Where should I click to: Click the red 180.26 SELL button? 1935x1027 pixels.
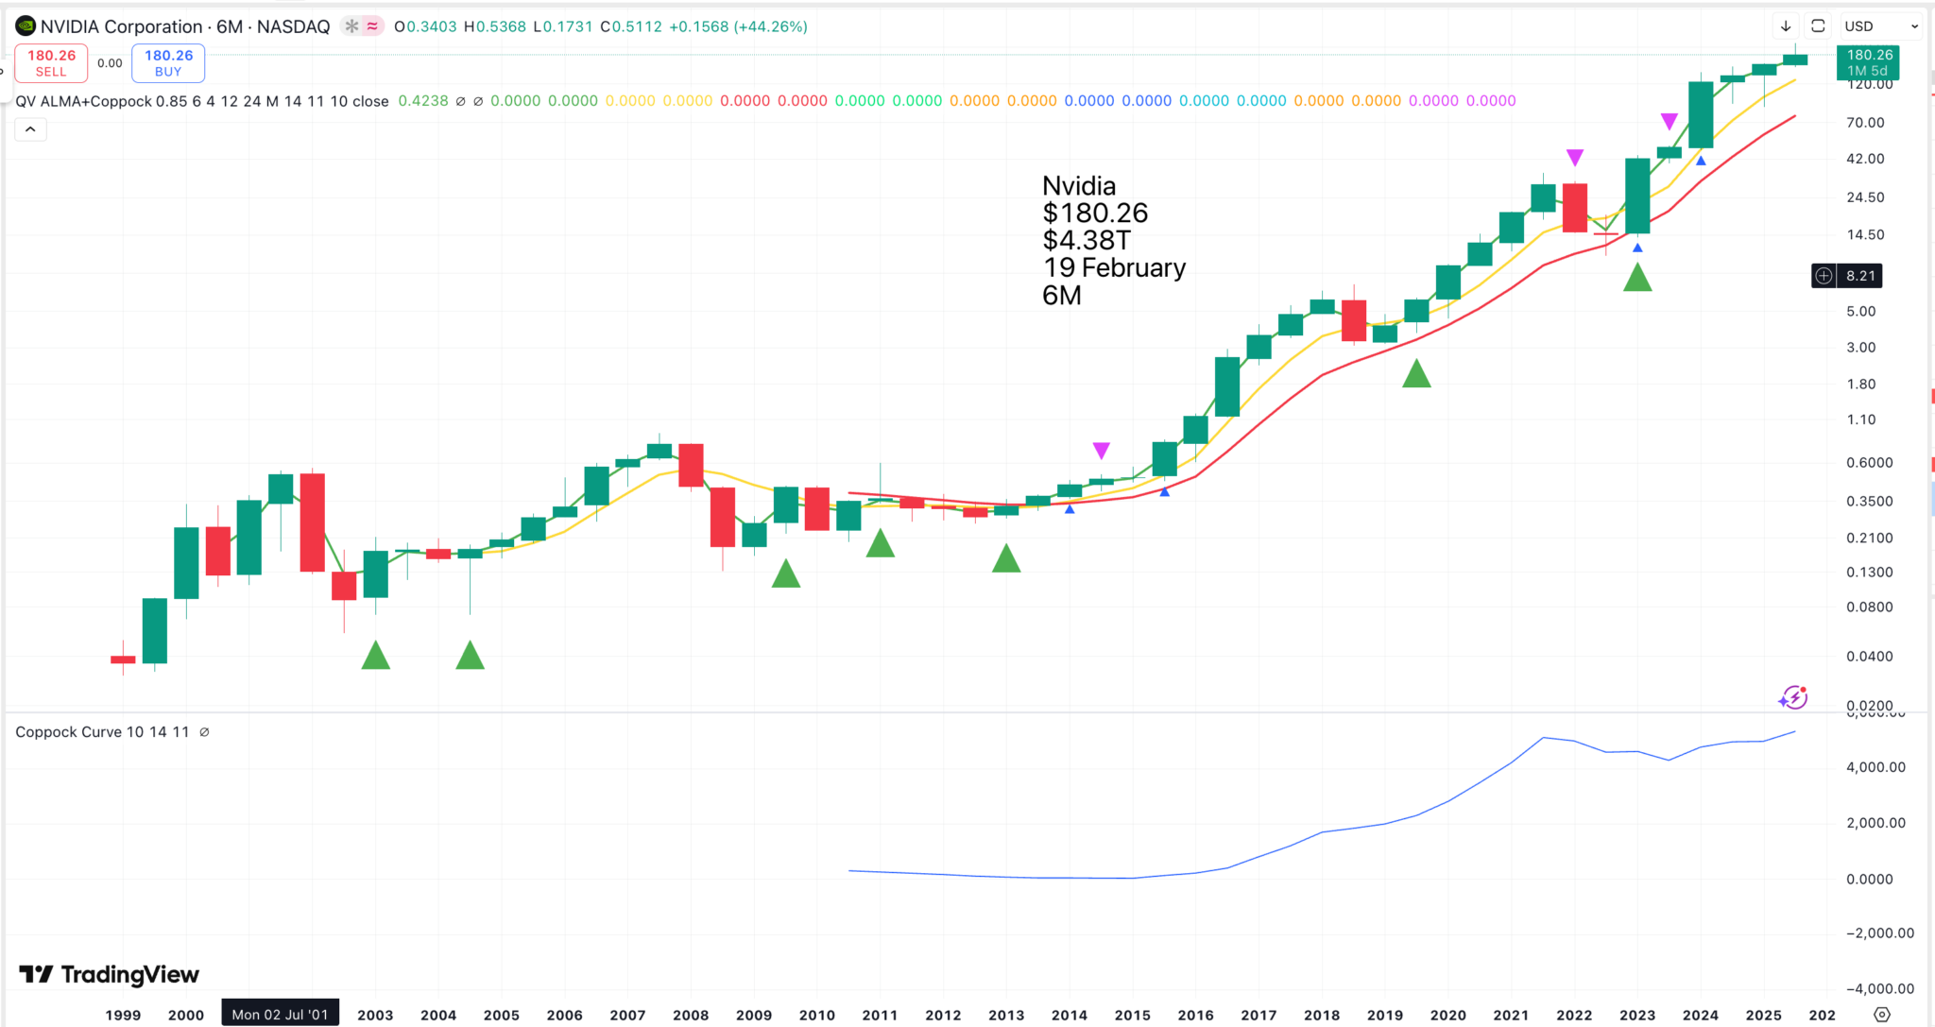(51, 63)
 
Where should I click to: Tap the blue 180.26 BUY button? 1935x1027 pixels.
(168, 63)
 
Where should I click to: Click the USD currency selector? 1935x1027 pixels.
(1880, 26)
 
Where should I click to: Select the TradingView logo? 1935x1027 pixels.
(110, 974)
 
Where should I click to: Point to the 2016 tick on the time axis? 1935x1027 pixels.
(1195, 1015)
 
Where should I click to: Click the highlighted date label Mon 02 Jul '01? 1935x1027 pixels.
(280, 1015)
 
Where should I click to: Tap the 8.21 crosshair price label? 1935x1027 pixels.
(1858, 276)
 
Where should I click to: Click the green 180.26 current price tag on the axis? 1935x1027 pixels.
(1868, 62)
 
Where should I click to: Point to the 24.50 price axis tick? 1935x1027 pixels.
(1865, 197)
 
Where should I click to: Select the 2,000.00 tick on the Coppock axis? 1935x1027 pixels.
(1875, 823)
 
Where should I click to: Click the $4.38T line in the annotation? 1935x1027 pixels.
(1086, 241)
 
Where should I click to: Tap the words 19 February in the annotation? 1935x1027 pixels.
(1114, 268)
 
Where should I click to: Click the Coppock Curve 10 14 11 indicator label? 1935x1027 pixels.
(102, 732)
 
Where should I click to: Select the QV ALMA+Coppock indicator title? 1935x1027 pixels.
(202, 101)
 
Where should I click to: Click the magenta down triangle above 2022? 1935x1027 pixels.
(1574, 157)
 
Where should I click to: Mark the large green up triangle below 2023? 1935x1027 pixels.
(1637, 278)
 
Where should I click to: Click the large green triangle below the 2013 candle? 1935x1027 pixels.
(1006, 559)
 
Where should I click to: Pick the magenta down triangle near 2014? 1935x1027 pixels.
(1101, 450)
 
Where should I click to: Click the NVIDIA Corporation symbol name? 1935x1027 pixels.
(121, 26)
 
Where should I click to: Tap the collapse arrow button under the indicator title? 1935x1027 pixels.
(30, 129)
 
